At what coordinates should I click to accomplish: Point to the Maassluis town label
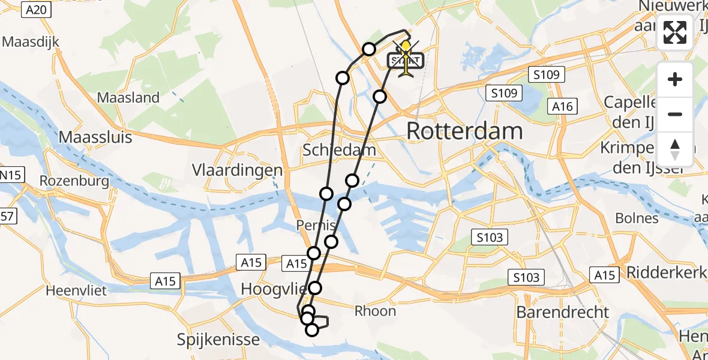[x=95, y=137]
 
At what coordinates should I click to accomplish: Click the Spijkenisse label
[x=218, y=340]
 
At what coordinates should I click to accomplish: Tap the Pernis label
[x=316, y=226]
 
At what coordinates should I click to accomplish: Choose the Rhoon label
[x=375, y=311]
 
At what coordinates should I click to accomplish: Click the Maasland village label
[x=128, y=97]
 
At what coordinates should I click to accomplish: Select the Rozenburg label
[x=74, y=181]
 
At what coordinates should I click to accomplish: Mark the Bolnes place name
[x=637, y=218]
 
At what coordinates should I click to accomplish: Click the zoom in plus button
[x=675, y=79]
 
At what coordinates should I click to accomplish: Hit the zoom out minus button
[x=675, y=114]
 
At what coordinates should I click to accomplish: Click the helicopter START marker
[x=406, y=60]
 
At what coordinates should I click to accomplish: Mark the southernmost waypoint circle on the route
[x=311, y=329]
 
